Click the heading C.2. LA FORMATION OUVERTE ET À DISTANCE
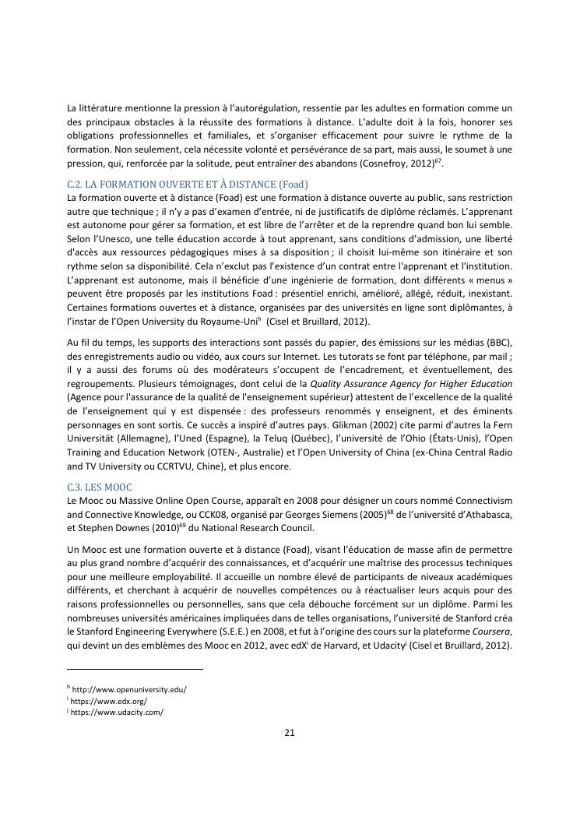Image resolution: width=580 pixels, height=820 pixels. click(188, 184)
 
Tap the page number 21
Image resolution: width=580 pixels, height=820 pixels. click(290, 732)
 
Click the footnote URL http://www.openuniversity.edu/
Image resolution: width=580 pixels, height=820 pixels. click(129, 689)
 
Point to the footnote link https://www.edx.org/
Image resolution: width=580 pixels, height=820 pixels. click(109, 701)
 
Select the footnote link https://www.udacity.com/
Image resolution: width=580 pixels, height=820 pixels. click(117, 713)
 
